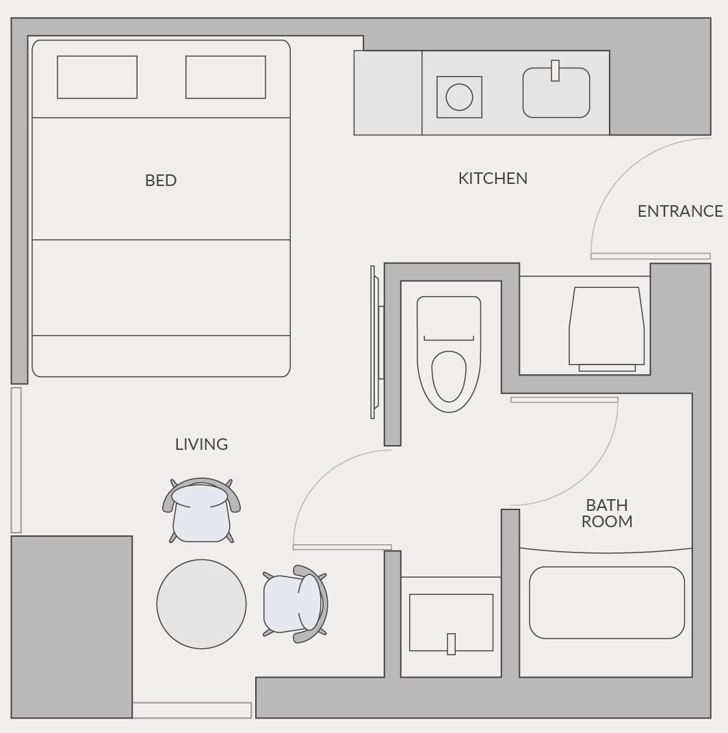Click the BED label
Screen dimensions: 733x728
click(161, 181)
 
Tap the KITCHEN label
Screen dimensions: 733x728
click(493, 178)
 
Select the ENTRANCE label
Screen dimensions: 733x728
click(679, 211)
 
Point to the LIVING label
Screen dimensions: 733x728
click(201, 444)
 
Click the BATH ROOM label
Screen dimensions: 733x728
click(607, 513)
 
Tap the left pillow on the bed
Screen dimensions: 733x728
click(97, 77)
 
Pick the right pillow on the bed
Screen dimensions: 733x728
click(226, 77)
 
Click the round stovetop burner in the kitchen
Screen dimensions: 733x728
click(459, 96)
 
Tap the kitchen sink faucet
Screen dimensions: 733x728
click(556, 70)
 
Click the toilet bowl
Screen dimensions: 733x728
click(449, 376)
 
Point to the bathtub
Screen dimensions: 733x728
click(606, 602)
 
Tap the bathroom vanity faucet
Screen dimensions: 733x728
click(451, 643)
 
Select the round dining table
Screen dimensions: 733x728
click(201, 604)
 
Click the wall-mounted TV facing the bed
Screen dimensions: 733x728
click(375, 342)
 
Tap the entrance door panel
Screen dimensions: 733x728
click(650, 256)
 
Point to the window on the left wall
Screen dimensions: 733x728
click(16, 459)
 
